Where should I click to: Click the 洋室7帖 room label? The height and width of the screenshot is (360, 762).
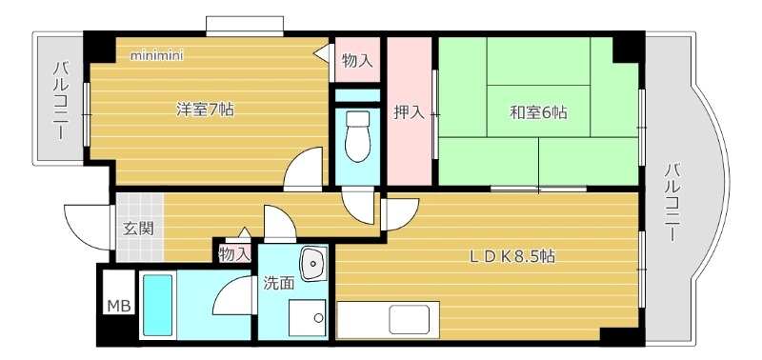(205, 110)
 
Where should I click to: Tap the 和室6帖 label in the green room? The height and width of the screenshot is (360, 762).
(538, 112)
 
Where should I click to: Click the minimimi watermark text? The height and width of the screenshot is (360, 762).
(157, 55)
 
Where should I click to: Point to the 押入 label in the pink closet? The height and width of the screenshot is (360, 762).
(410, 112)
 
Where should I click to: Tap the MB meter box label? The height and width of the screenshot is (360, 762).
(119, 306)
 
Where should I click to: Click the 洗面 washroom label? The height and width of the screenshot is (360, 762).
(278, 283)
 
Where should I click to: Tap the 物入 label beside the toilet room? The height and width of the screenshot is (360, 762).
(357, 60)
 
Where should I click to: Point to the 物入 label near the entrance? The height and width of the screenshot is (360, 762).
(234, 254)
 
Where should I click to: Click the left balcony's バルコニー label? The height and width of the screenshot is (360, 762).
(60, 100)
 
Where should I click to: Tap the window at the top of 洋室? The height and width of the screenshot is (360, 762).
(244, 25)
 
